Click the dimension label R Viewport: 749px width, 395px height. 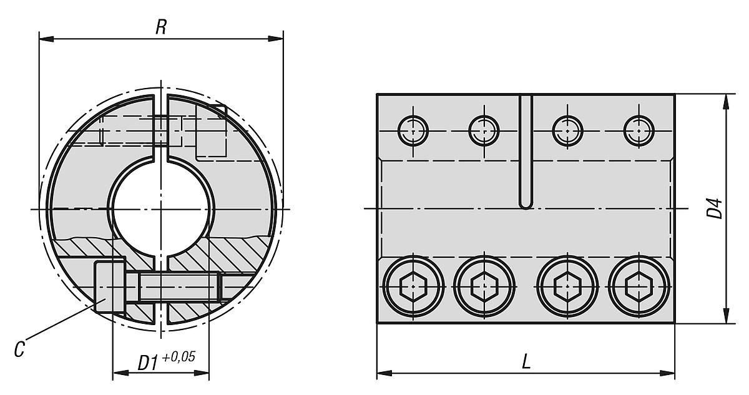[x=161, y=28]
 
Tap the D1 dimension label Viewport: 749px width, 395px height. [x=147, y=362]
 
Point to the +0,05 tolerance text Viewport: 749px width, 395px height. [x=179, y=357]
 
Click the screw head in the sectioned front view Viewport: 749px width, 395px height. [x=110, y=288]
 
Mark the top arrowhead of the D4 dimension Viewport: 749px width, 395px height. [x=726, y=100]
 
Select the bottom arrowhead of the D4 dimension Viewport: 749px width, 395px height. [x=726, y=318]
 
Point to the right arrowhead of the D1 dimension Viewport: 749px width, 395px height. [x=204, y=374]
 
